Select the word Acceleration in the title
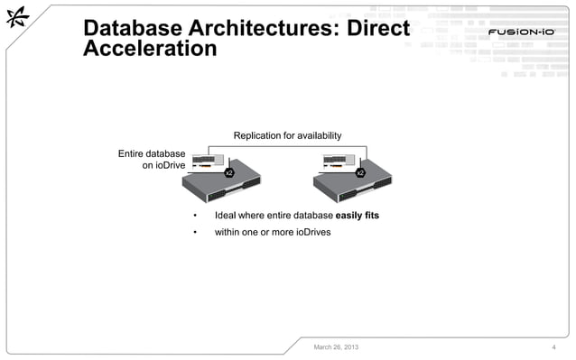pos(150,50)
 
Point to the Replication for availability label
pos(287,135)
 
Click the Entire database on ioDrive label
pos(152,160)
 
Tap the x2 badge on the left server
pos(229,171)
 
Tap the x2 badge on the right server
pos(360,171)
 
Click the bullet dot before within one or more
pos(194,233)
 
